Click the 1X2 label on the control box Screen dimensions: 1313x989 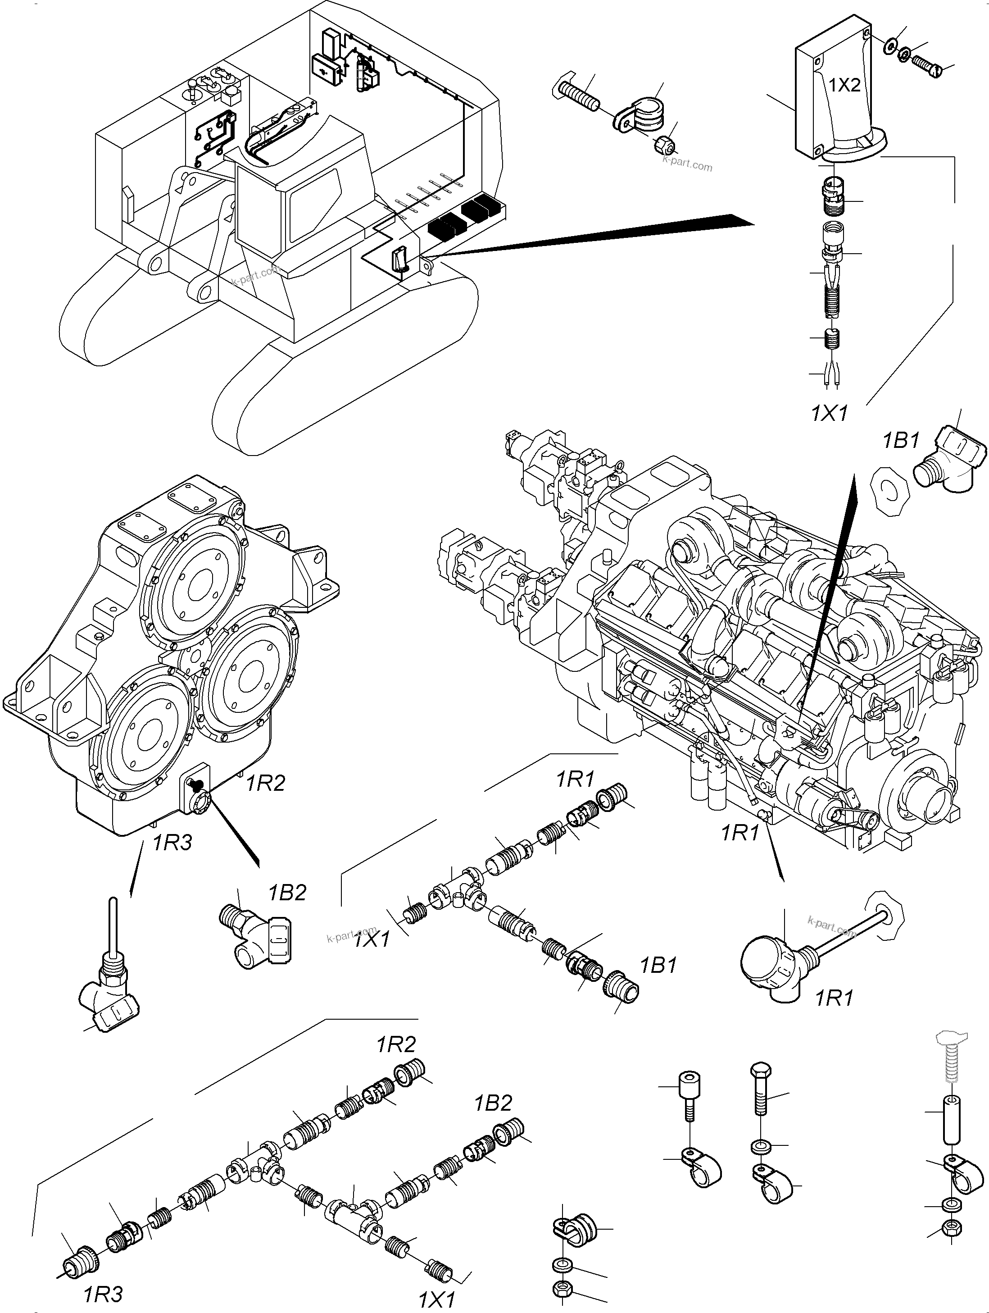click(844, 86)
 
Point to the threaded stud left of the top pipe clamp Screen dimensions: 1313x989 click(579, 96)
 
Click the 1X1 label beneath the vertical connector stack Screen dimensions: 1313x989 click(830, 414)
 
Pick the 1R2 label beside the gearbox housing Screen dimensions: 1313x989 click(266, 784)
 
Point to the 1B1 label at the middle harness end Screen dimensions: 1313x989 click(658, 965)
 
